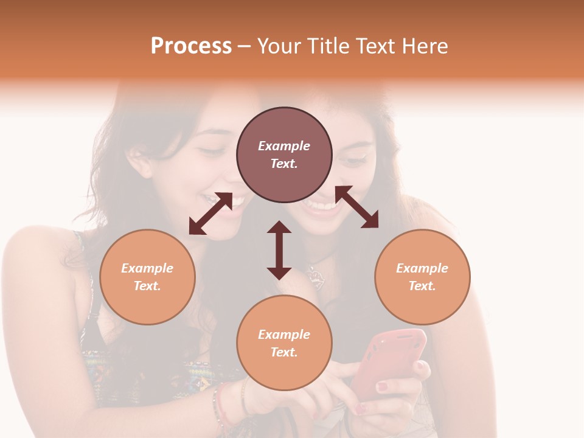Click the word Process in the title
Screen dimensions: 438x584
191,46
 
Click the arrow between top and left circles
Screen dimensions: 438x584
210,214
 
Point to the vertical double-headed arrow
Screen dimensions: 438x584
279,250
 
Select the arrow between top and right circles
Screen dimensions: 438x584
357,207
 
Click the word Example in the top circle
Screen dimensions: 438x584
284,146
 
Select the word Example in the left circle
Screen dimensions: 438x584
147,268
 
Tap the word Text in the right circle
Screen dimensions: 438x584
422,286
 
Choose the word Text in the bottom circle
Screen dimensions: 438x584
284,352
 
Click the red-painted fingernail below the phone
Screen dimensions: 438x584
381,386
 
